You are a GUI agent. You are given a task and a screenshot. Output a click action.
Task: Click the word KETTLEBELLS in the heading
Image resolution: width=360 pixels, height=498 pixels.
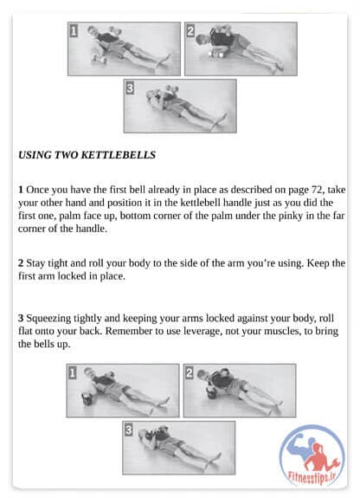[118, 155]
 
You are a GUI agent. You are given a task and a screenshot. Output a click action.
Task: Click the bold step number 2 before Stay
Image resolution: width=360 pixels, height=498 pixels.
[21, 263]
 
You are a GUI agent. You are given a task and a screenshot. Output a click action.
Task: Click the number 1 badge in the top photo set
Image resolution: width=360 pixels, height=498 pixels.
[74, 31]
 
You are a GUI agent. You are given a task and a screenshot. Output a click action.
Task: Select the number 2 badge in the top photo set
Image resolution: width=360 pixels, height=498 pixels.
[190, 31]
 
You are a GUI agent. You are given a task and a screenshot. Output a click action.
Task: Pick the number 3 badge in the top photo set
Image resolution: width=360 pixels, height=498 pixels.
[130, 88]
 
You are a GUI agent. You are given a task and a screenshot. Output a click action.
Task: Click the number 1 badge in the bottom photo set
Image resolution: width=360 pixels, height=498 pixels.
[72, 373]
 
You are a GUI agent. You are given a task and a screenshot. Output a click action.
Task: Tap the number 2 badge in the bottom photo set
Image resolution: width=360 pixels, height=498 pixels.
[190, 373]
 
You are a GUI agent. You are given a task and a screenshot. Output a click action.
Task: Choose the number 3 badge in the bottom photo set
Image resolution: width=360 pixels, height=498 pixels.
[128, 430]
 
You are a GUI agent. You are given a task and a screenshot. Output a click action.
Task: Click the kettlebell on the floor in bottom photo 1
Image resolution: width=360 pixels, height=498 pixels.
[86, 398]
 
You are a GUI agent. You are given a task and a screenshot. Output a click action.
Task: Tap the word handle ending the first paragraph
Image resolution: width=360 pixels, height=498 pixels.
[91, 229]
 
